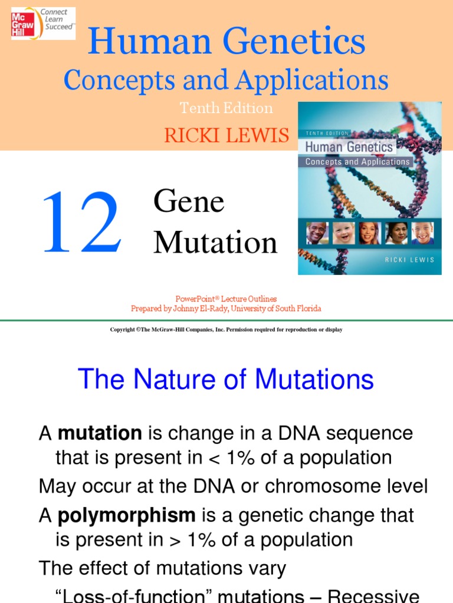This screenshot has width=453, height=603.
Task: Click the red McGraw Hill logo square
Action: coord(22,24)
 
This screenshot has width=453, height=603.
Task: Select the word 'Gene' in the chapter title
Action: coord(189,202)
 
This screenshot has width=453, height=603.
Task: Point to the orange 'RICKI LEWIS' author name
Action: coord(226,135)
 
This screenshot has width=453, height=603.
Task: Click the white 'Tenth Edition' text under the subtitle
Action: coord(226,108)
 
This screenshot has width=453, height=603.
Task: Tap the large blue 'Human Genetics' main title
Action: coord(226,42)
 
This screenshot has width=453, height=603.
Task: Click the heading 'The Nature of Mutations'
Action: coord(226,379)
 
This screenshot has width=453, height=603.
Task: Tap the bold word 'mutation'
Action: coord(100,433)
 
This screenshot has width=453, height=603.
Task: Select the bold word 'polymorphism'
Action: coord(126,516)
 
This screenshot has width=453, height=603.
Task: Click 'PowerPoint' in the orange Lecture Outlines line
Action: coord(193,299)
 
